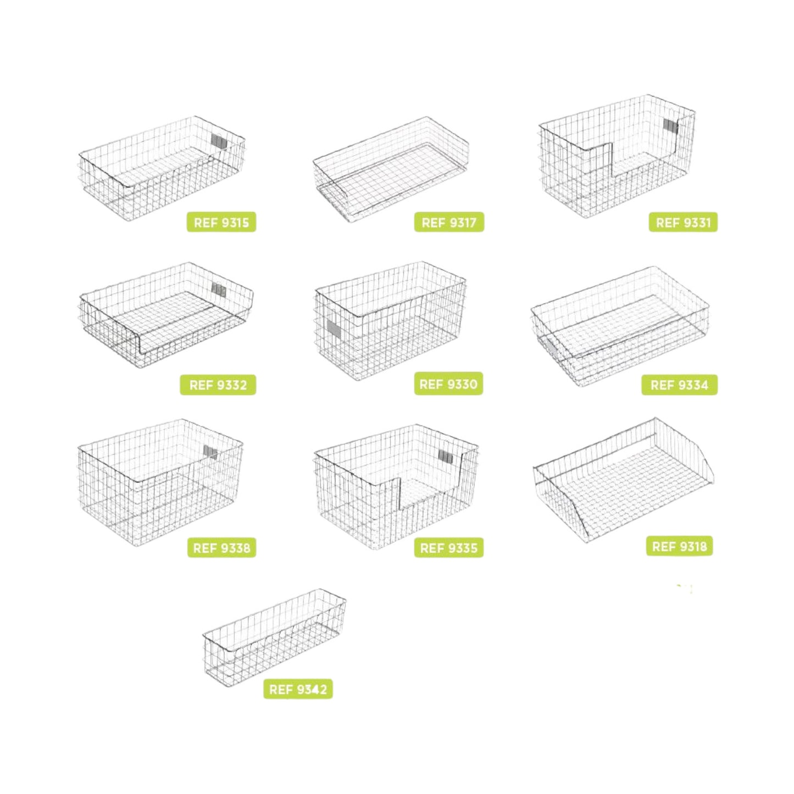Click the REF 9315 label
[221, 223]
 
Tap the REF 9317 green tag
[449, 223]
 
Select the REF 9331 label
[683, 223]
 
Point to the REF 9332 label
[218, 385]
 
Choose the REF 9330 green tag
[448, 384]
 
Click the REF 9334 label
[680, 385]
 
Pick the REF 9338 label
[221, 548]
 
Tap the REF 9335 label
[449, 548]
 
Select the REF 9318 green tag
[680, 546]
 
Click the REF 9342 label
[298, 690]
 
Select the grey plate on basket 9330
[335, 330]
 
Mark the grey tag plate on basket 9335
[446, 456]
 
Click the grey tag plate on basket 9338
[212, 452]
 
